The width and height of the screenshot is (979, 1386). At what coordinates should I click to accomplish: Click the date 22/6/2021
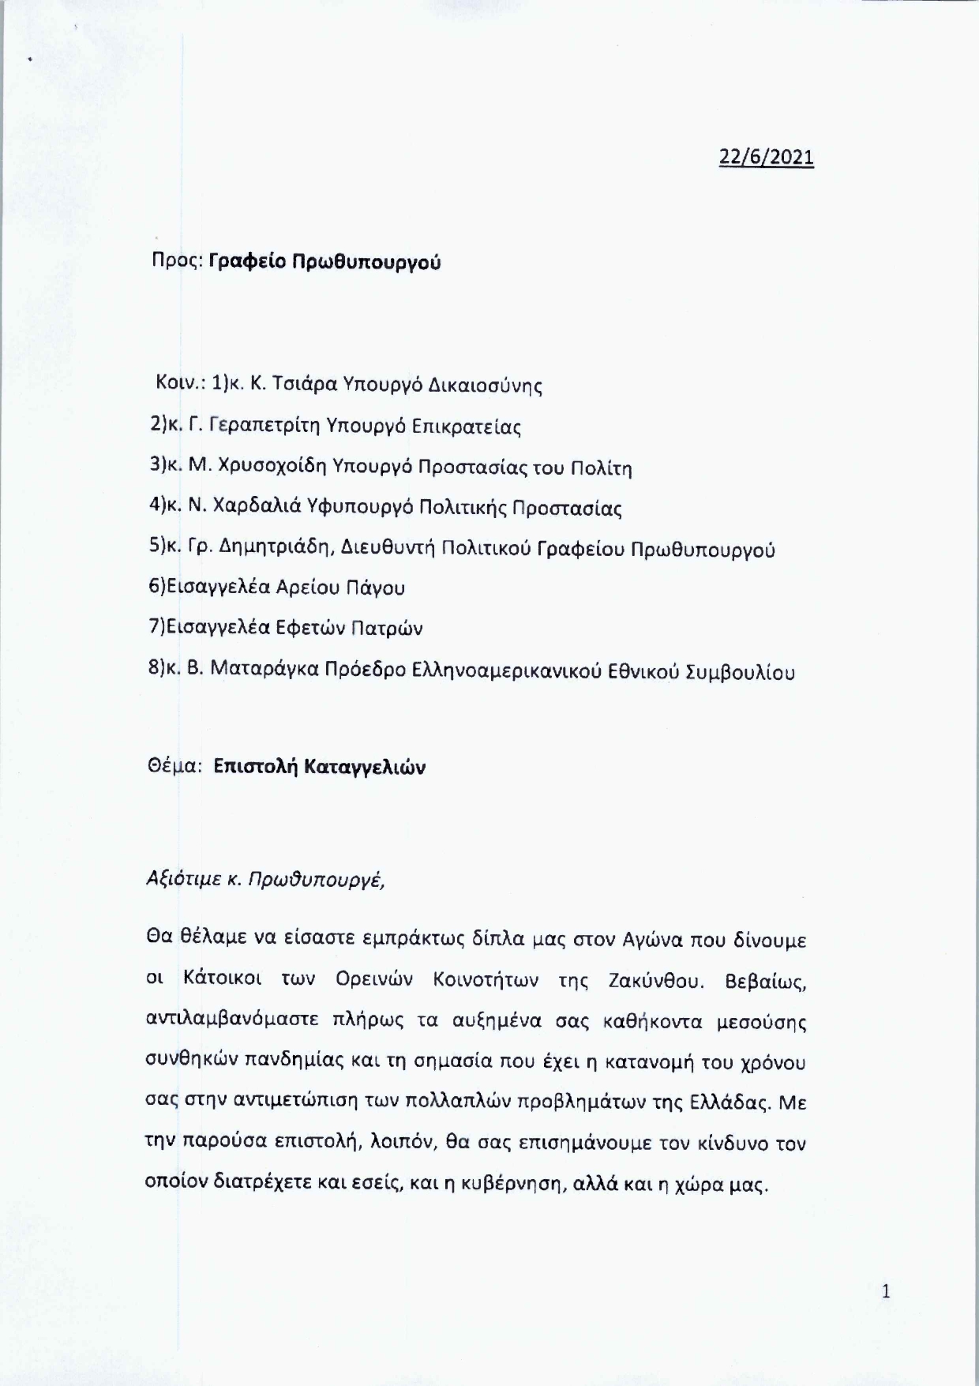coord(766,157)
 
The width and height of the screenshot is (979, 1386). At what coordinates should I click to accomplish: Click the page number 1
coord(885,1292)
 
